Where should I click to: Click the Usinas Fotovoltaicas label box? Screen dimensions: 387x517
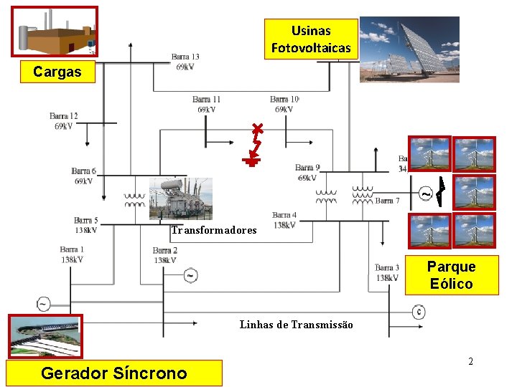coord(311,39)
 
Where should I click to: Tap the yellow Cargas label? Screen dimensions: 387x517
coord(57,72)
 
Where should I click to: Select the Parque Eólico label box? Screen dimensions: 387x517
coord(450,275)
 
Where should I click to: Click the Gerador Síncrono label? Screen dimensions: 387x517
coord(113,373)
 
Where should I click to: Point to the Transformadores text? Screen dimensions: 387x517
coord(213,230)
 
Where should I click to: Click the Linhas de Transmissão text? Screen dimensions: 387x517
coord(296,325)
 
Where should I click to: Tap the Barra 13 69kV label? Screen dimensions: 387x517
coord(185,62)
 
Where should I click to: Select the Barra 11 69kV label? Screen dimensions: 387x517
coord(206,104)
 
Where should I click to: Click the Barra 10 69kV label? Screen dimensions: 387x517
coord(284,104)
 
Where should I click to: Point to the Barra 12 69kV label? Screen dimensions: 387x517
coord(63,120)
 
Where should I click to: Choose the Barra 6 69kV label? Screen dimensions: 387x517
coord(83,176)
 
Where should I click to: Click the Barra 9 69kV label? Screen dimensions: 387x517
coord(307,173)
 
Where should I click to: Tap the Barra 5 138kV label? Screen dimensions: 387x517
coord(85,225)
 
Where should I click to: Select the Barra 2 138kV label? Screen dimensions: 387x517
coord(164,255)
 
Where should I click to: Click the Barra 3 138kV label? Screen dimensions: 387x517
coord(386,272)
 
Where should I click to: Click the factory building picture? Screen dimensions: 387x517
coord(55,32)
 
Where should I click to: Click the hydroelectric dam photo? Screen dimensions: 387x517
coord(45,336)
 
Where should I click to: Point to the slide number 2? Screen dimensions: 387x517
coord(470,361)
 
